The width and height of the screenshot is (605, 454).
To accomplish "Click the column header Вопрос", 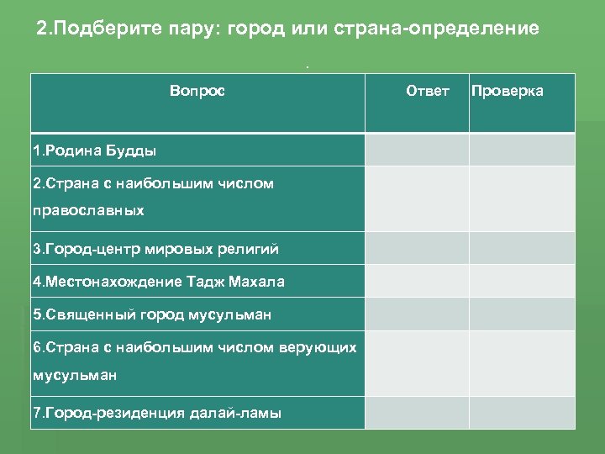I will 197,91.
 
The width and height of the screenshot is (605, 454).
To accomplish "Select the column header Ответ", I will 427,91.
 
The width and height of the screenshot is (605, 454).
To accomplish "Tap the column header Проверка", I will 507,91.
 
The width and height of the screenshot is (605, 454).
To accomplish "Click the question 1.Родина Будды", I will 95,151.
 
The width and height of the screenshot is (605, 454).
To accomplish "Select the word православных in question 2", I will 88,211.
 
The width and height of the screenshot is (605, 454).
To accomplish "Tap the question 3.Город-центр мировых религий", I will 155,249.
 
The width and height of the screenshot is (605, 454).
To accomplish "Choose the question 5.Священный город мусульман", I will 152,314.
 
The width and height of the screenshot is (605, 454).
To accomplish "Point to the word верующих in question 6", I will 323,347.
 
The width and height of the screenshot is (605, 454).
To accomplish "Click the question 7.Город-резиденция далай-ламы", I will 157,413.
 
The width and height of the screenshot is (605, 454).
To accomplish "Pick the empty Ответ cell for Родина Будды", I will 416,150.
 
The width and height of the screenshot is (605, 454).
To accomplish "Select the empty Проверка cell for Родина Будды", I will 521,150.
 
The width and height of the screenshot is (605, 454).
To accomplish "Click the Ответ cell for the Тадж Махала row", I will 416,281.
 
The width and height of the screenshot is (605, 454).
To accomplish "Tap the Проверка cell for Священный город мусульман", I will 521,314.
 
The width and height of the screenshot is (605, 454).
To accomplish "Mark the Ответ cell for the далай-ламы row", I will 416,412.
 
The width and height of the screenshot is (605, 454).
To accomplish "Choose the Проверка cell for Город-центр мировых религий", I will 521,248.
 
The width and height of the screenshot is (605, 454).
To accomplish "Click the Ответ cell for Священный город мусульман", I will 416,314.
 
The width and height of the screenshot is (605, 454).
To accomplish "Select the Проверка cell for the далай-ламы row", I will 521,412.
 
